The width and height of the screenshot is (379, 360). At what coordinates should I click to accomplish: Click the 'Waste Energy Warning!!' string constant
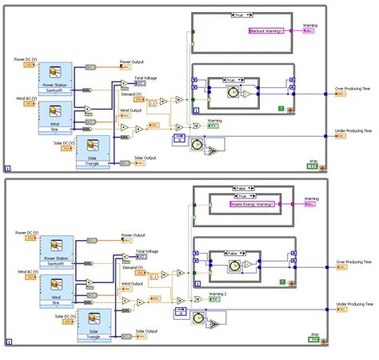(x=252, y=204)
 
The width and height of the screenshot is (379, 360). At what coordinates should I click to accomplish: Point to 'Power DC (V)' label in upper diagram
(x=30, y=58)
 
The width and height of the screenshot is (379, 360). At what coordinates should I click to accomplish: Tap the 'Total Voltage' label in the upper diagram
(x=146, y=78)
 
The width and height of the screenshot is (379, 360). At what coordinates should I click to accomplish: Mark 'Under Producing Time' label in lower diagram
(x=353, y=304)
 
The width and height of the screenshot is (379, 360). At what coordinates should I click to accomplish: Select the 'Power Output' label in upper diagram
(x=133, y=62)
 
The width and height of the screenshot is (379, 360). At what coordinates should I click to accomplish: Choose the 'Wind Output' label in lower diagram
(x=132, y=283)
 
